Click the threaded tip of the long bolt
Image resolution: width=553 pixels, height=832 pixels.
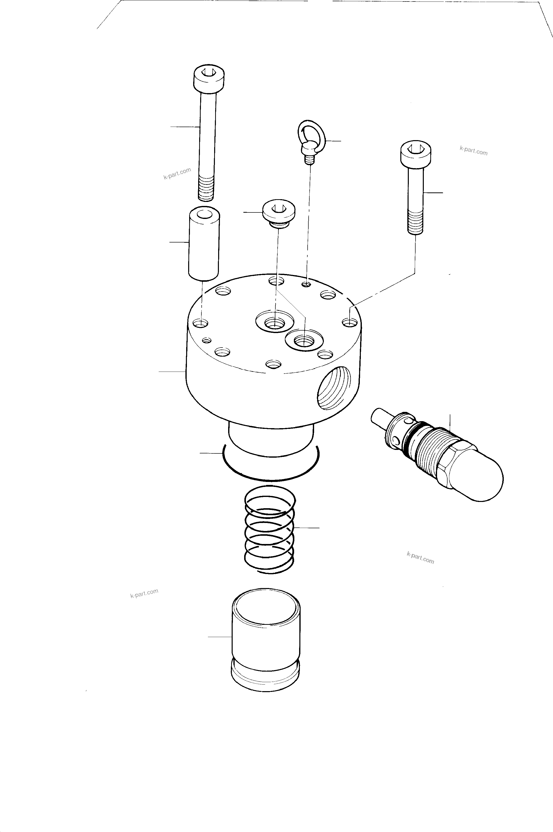pos(206,189)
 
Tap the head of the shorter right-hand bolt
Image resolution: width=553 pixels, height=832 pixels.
pos(417,155)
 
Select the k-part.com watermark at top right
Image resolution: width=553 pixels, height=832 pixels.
pos(473,151)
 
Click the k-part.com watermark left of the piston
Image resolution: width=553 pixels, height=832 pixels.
pos(144,593)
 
